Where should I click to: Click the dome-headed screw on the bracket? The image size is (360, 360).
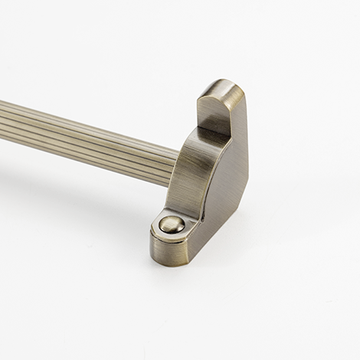click(x=171, y=224)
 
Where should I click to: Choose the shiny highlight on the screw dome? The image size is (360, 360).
click(x=169, y=221)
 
